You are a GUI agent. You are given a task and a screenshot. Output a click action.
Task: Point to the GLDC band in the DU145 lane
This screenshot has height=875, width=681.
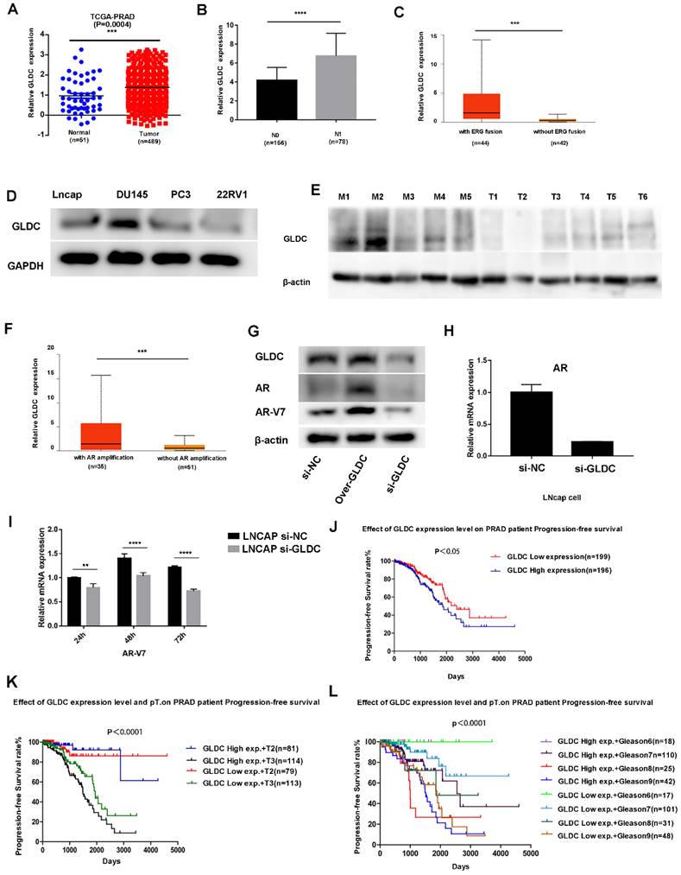point(132,225)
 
